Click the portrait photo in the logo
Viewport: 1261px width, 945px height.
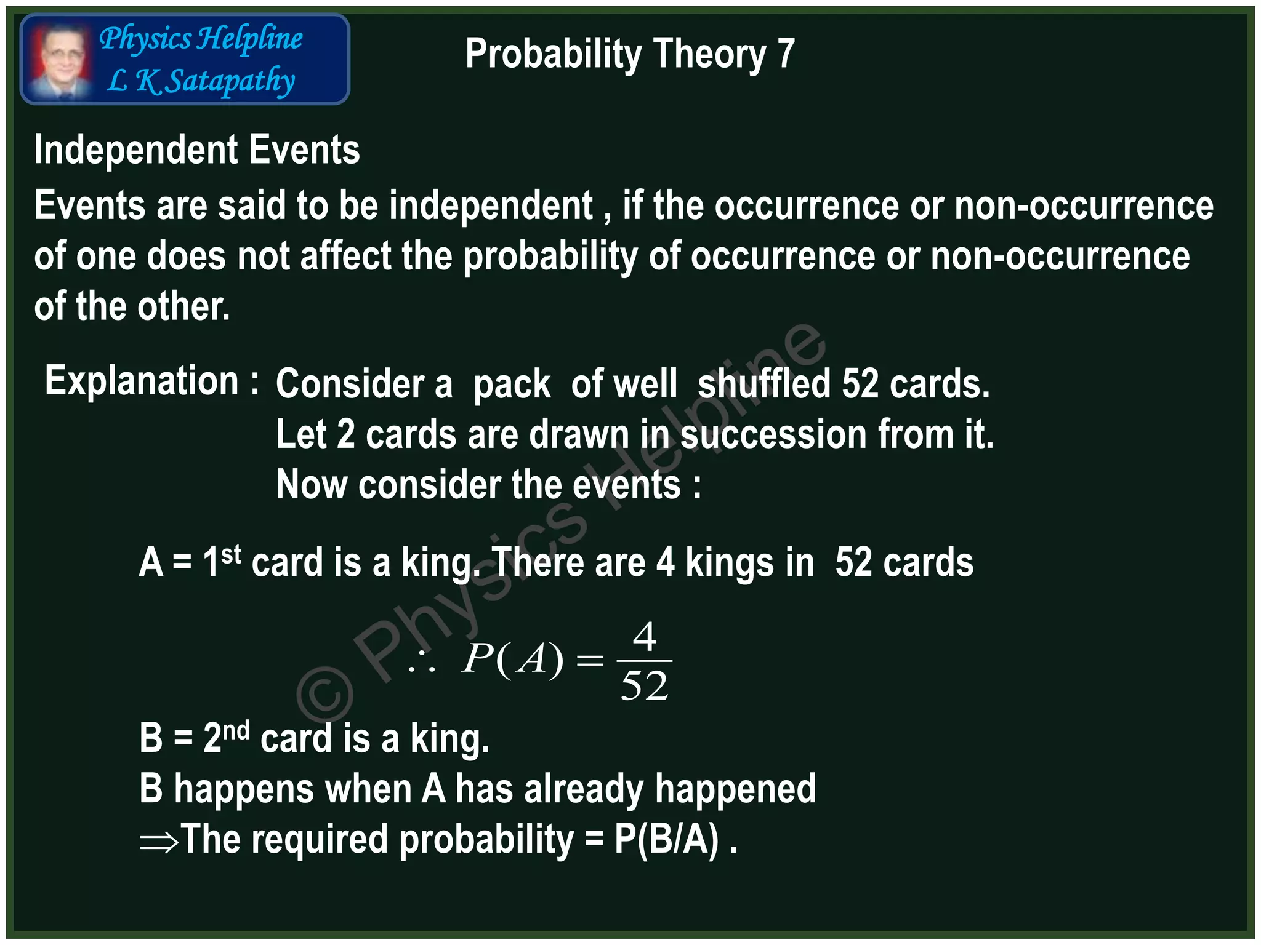(x=60, y=60)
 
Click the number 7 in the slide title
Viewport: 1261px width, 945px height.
(x=786, y=54)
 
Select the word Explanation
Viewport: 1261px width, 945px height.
(x=142, y=381)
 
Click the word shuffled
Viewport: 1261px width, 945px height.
(x=764, y=383)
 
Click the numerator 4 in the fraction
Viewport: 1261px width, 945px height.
(x=645, y=637)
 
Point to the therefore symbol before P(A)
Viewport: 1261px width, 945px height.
(x=423, y=663)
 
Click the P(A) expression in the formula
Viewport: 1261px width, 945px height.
(x=513, y=660)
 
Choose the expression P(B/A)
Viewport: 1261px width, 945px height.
(x=667, y=839)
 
